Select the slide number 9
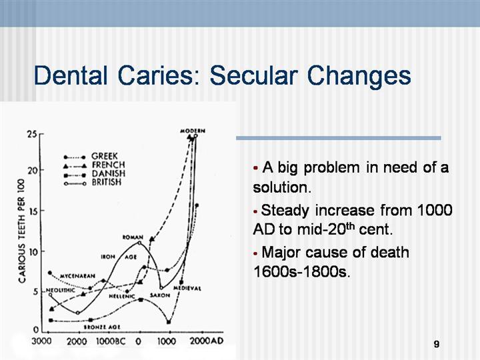[x=436, y=344]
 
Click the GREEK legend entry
[x=105, y=156]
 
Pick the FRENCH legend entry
[x=107, y=165]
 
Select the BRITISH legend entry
[x=108, y=181]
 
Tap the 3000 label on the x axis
[x=42, y=341]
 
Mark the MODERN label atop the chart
[x=193, y=130]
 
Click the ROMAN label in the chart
[x=131, y=237]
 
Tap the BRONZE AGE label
[x=102, y=327]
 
